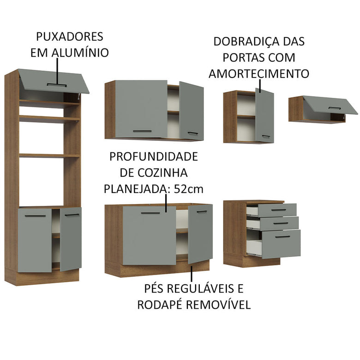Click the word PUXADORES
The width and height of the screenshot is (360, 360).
click(x=70, y=37)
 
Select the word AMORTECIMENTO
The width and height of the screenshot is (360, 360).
click(x=258, y=74)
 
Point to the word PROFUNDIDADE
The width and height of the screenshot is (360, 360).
click(x=153, y=156)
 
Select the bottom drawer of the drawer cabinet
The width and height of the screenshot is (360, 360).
click(x=279, y=244)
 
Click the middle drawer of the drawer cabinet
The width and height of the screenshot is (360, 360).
click(x=277, y=223)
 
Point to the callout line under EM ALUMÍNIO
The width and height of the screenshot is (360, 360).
click(x=58, y=72)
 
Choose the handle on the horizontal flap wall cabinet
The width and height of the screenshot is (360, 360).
click(x=335, y=108)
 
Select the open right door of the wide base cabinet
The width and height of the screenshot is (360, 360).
click(x=200, y=233)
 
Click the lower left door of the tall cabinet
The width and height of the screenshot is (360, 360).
click(x=35, y=240)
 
